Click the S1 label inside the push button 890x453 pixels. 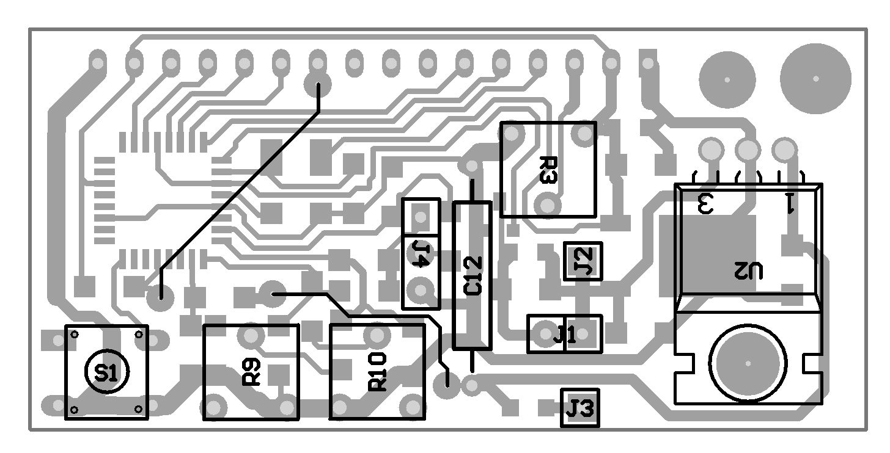pyautogui.click(x=107, y=373)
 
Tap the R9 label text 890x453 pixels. pyautogui.click(x=251, y=372)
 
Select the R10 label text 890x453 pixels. pyautogui.click(x=377, y=372)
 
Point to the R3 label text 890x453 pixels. pyautogui.click(x=548, y=170)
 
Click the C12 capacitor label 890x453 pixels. pyautogui.click(x=473, y=276)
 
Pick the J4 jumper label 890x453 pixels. pyautogui.click(x=421, y=253)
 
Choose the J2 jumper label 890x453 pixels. pyautogui.click(x=583, y=261)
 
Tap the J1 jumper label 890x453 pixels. pyautogui.click(x=565, y=334)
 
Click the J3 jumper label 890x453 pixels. pyautogui.click(x=579, y=408)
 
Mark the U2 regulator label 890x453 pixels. pyautogui.click(x=748, y=270)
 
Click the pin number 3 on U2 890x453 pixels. pyautogui.click(x=705, y=203)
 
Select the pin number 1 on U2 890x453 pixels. pyautogui.click(x=789, y=203)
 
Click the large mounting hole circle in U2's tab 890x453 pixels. pyautogui.click(x=748, y=363)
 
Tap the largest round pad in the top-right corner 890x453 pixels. pyautogui.click(x=815, y=78)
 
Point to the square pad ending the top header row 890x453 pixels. pyautogui.click(x=648, y=62)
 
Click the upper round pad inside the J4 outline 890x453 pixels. pyautogui.click(x=421, y=216)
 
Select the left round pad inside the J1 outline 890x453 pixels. pyautogui.click(x=546, y=334)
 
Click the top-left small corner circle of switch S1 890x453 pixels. pyautogui.click(x=74, y=334)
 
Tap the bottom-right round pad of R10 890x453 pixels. pyautogui.click(x=413, y=406)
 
